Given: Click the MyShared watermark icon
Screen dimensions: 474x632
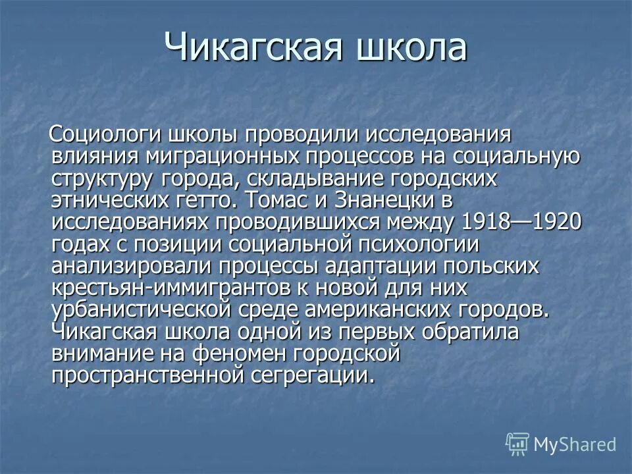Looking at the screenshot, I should click(x=517, y=444).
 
